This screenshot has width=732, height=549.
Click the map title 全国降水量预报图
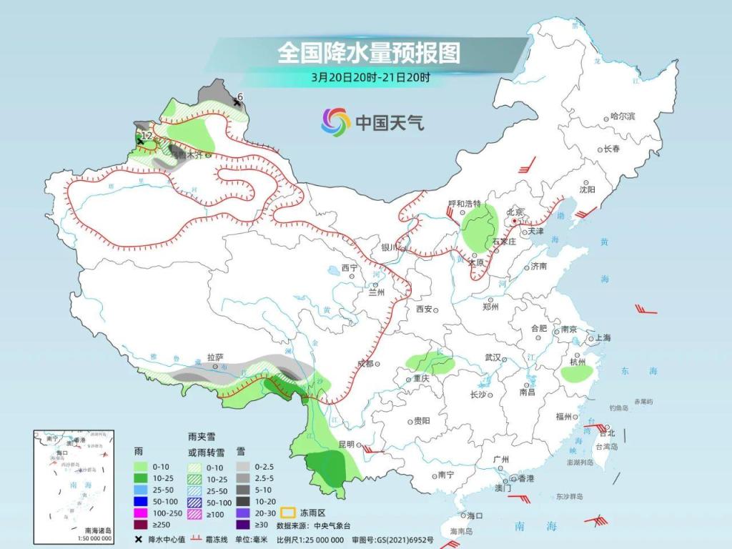368,52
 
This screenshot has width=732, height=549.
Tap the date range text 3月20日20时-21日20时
370,76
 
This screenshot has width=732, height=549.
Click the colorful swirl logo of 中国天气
335,122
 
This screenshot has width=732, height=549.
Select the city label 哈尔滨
622,116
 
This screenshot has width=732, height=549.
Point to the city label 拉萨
215,356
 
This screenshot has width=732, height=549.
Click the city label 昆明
346,444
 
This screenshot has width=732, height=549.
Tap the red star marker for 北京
514,222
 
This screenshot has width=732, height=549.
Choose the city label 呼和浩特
465,203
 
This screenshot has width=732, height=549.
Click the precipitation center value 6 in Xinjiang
240,97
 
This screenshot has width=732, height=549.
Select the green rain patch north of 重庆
431,364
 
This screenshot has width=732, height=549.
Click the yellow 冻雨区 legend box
288,513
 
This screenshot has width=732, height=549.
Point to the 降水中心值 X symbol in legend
138,539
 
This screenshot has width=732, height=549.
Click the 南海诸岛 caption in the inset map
97,530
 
